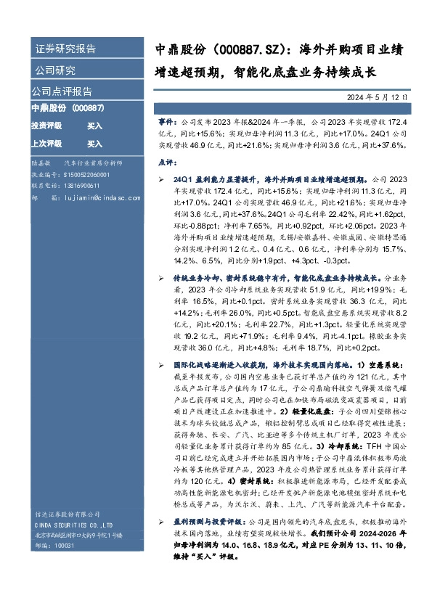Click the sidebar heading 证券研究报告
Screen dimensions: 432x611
coord(66,49)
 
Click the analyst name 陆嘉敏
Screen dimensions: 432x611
coord(41,165)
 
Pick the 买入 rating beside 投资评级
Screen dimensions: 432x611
coord(95,126)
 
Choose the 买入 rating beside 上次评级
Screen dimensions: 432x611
coord(95,144)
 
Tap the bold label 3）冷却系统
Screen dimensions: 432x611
coord(330,449)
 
